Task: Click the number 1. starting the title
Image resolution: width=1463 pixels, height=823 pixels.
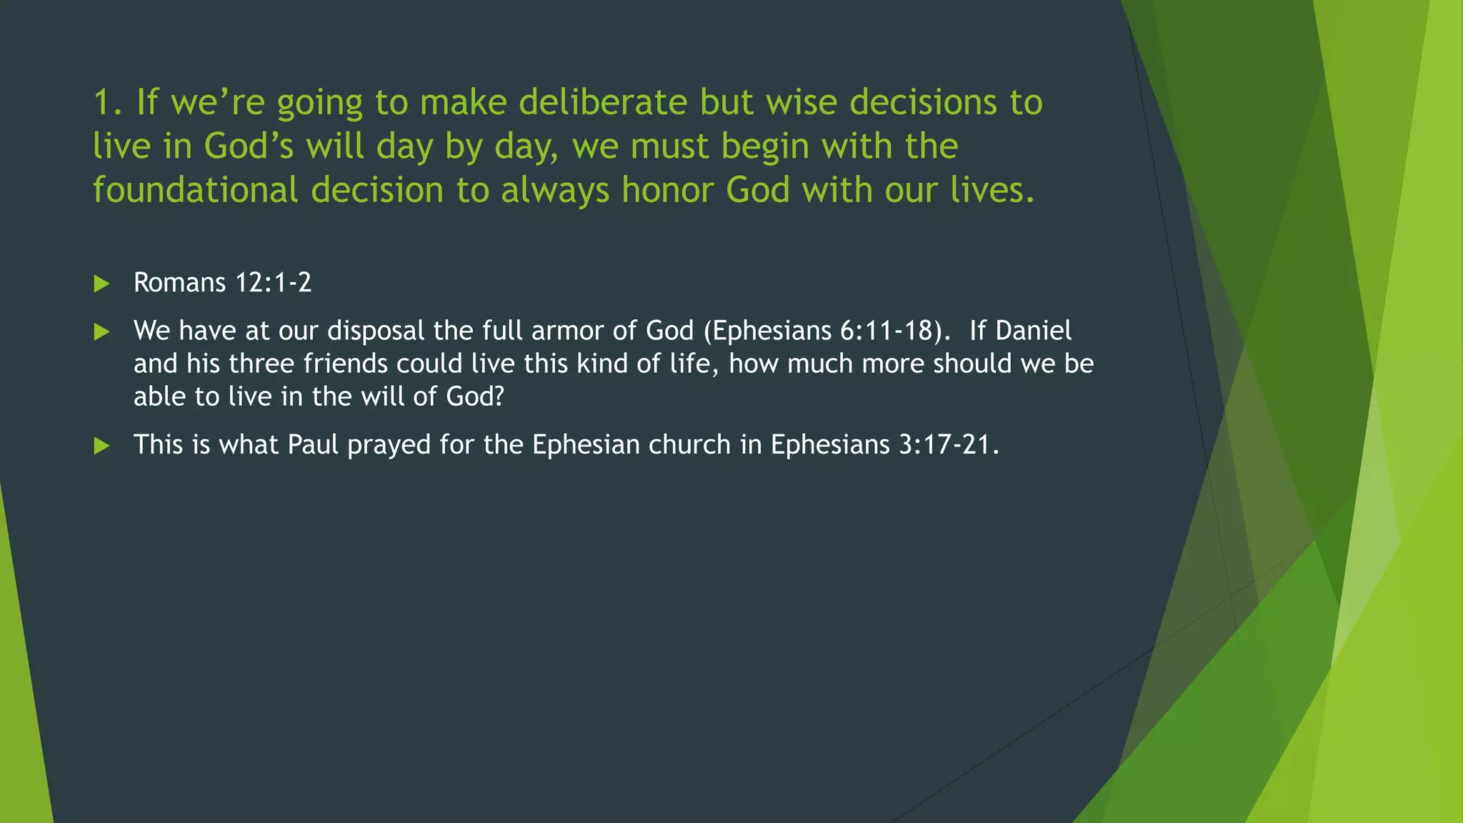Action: point(108,102)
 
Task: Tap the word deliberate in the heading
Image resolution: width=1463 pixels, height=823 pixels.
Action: point(602,102)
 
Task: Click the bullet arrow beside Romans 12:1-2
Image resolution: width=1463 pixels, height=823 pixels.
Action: point(101,284)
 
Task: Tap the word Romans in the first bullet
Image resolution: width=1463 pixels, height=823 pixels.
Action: point(179,283)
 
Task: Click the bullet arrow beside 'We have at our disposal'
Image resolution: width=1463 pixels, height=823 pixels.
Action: point(101,331)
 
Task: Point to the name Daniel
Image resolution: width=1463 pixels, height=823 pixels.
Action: point(1033,331)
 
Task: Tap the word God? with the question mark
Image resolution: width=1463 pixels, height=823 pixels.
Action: point(475,396)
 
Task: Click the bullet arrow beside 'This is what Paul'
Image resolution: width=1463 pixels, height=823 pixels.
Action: point(101,446)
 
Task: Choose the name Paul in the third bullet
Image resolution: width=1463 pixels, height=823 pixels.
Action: point(313,445)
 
